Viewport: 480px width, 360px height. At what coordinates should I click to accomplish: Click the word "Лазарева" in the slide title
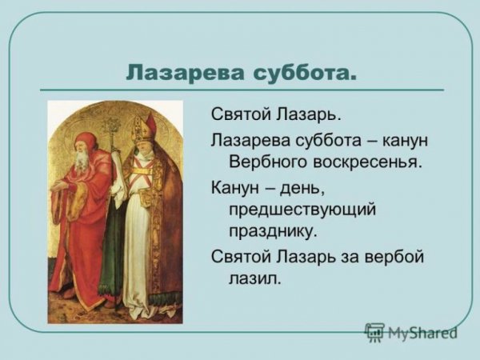(x=174, y=74)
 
